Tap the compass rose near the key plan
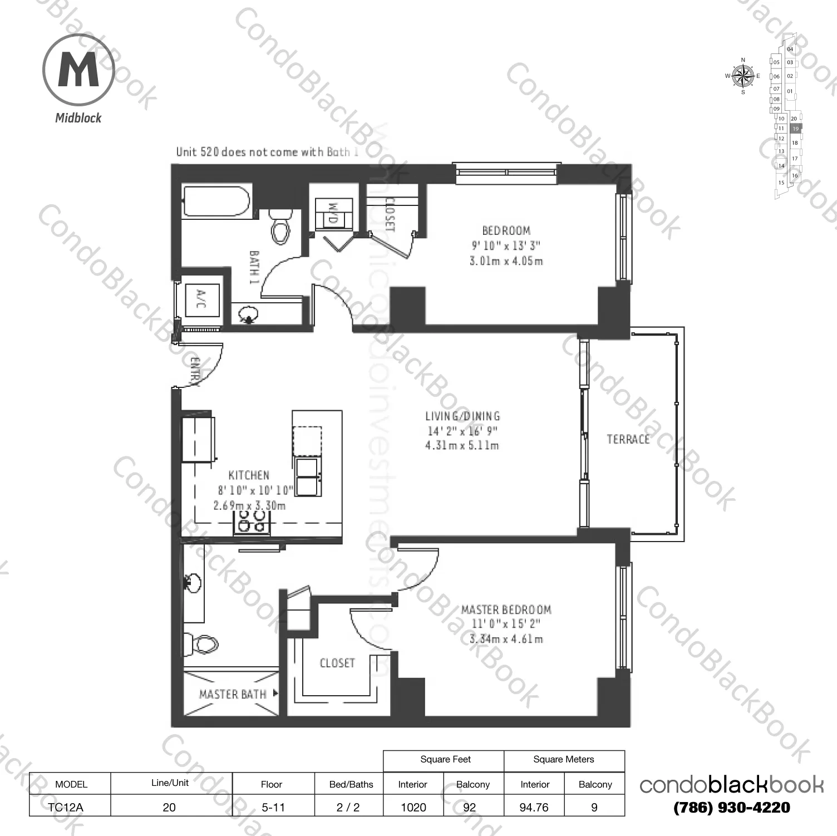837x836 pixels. pyautogui.click(x=742, y=76)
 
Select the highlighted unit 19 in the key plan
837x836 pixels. pyautogui.click(x=795, y=129)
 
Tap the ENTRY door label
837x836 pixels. pyautogui.click(x=194, y=371)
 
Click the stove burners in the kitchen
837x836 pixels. pyautogui.click(x=252, y=521)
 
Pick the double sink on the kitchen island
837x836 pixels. pyautogui.click(x=307, y=477)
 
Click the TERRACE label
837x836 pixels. pyautogui.click(x=628, y=439)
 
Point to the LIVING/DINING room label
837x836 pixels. pyautogui.click(x=462, y=416)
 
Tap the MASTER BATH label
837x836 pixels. pyautogui.click(x=233, y=694)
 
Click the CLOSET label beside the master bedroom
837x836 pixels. pyautogui.click(x=337, y=663)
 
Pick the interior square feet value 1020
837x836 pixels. pyautogui.click(x=413, y=807)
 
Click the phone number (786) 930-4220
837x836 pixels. pyautogui.click(x=731, y=808)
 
